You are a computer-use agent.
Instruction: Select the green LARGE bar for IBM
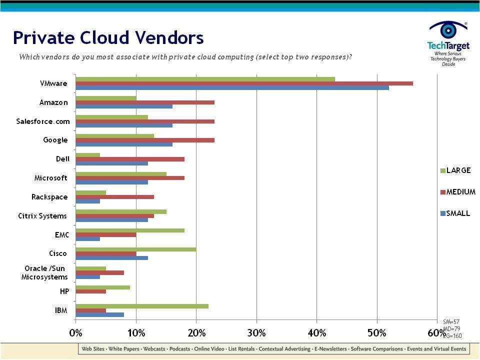coord(142,306)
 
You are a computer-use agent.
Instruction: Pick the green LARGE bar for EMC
coord(130,230)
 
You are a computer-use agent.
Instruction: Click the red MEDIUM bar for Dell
coord(130,159)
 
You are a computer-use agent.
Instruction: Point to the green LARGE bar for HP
coord(102,287)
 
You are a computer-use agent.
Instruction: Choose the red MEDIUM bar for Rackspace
coord(114,197)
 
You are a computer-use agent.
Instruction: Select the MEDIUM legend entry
coord(457,192)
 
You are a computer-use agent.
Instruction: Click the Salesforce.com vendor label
coord(43,121)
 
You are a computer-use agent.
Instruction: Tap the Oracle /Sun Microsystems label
coord(44,273)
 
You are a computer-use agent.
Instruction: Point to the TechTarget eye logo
coord(448,30)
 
